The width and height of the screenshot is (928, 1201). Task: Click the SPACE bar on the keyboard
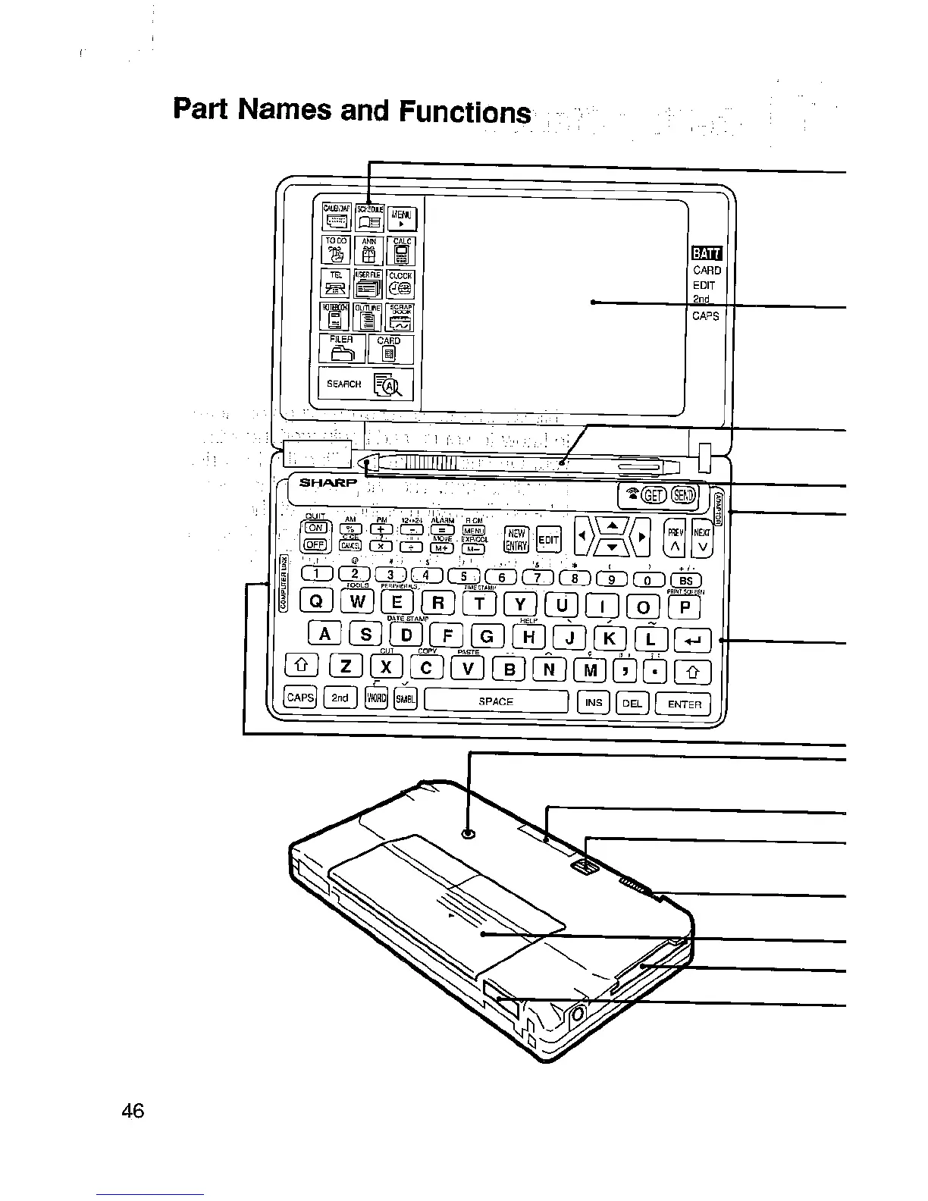(x=496, y=701)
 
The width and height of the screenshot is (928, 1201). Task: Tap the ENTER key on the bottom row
(x=683, y=704)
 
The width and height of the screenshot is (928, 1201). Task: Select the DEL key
(x=632, y=704)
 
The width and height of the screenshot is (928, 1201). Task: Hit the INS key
(x=593, y=703)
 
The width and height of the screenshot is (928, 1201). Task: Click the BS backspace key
(x=685, y=582)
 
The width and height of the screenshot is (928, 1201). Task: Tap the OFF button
(x=315, y=544)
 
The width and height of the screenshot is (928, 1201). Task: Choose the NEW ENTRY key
(x=516, y=540)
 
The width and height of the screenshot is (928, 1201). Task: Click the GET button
(x=652, y=496)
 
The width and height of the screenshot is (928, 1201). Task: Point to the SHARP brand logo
(x=327, y=482)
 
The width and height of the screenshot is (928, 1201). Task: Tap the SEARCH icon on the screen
(x=365, y=384)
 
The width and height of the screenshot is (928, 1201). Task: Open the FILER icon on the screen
(x=342, y=349)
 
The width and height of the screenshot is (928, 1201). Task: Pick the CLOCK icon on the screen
(x=400, y=284)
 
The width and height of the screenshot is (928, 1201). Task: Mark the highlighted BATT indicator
(x=707, y=255)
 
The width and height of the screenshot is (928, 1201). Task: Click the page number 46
(x=132, y=1112)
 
